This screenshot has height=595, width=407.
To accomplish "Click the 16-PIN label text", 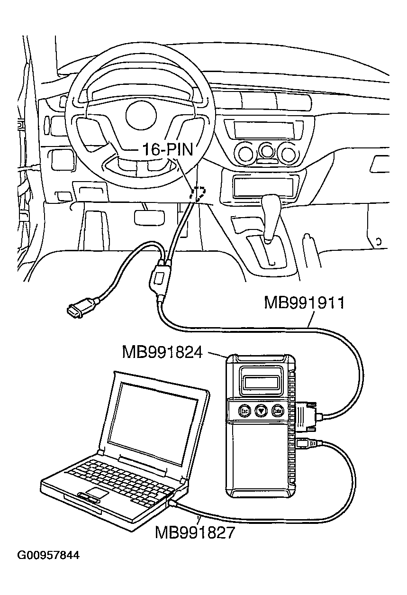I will [167, 150].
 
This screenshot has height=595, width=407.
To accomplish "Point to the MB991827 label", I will [195, 532].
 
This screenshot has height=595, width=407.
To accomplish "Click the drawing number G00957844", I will [48, 555].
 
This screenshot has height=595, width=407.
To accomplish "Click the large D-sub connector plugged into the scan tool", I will [306, 416].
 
